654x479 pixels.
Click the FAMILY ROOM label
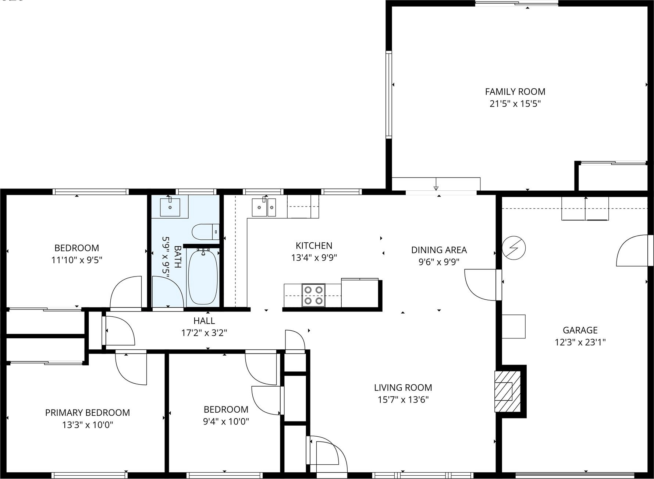(515, 92)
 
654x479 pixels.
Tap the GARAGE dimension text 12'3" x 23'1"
(580, 342)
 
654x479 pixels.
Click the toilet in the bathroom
(206, 232)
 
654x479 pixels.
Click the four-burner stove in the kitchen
(313, 295)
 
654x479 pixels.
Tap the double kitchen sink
(264, 208)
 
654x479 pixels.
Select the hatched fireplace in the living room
(508, 391)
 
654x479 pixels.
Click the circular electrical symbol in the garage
(514, 248)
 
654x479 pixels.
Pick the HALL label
(204, 321)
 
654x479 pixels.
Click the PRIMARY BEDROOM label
(88, 413)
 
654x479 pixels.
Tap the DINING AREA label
(439, 250)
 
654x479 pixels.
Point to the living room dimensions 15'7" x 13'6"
(403, 400)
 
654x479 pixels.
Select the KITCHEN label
(314, 246)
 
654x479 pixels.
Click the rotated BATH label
(177, 257)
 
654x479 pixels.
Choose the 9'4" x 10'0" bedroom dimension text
(226, 422)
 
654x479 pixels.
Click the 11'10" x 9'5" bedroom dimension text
(77, 260)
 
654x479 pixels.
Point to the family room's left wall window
(388, 95)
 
